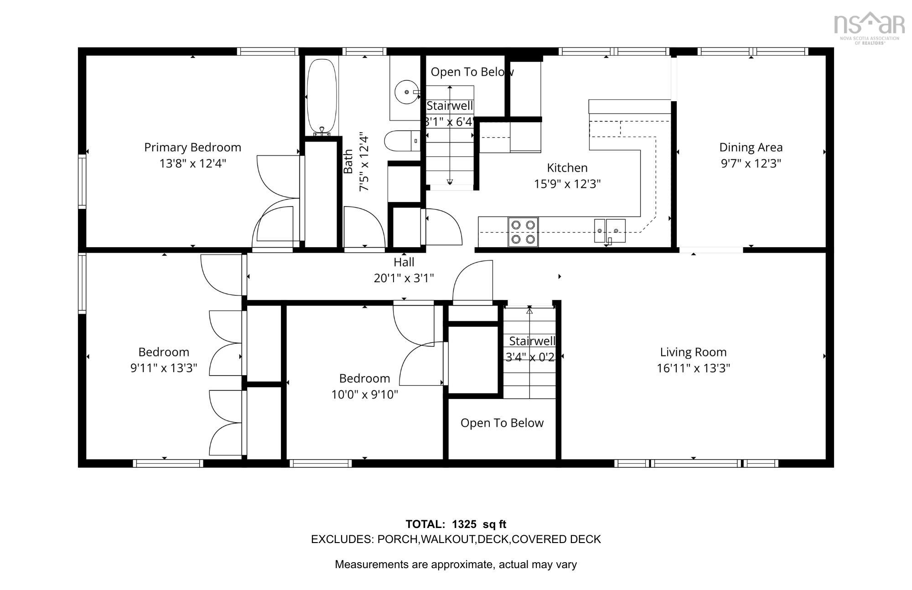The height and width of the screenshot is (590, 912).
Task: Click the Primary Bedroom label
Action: pos(192,147)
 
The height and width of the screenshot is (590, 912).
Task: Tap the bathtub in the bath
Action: pos(322,97)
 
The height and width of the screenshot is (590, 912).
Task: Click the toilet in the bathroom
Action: pos(401,141)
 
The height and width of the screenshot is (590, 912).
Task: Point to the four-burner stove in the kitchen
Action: pos(523,232)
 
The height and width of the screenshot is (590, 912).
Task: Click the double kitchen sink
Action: pos(609,231)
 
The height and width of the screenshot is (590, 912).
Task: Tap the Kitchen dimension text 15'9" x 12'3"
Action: pos(567,184)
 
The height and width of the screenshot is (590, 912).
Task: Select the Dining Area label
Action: pos(751,147)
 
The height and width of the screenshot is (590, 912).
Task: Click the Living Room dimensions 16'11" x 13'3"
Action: pos(693,368)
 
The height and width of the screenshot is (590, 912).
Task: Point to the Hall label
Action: pos(404,262)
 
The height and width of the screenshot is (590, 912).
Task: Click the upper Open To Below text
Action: pos(472,72)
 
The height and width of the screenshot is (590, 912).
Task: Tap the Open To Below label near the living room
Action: pos(502,423)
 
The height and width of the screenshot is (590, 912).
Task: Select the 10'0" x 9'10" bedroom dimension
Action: pos(364,394)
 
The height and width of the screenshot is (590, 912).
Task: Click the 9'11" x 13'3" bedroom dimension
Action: pos(164,368)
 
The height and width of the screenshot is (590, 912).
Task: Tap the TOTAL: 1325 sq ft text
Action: pos(456,524)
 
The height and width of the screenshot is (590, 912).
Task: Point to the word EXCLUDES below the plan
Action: pos(342,539)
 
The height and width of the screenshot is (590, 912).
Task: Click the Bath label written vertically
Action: pos(348,161)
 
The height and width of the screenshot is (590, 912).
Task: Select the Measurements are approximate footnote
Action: pos(456,564)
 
